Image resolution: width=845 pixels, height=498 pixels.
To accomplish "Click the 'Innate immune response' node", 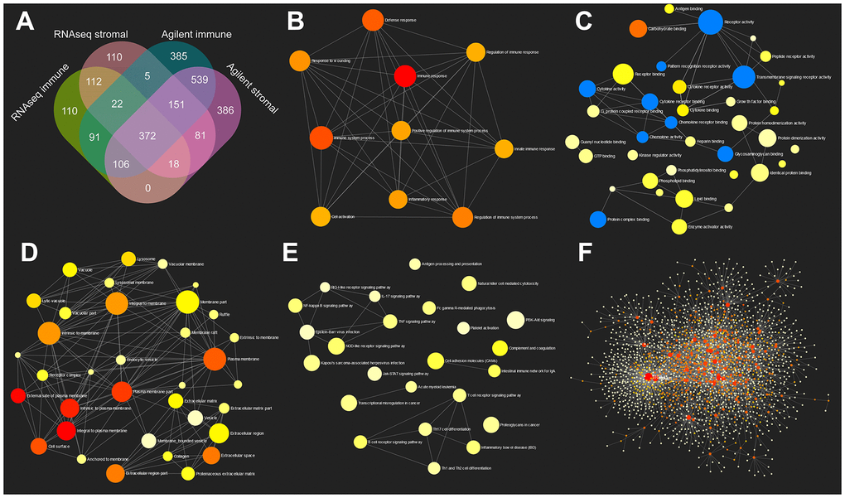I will [x=504, y=149].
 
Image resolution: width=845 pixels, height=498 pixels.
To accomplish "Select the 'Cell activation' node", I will [x=321, y=216].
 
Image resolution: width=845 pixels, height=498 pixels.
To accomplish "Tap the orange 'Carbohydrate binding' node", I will [x=638, y=29].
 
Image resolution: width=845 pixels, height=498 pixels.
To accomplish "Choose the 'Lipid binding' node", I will [x=683, y=199].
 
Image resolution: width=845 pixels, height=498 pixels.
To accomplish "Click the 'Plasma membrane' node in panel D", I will [x=214, y=358].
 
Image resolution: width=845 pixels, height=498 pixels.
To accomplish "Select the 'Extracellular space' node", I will [x=210, y=456].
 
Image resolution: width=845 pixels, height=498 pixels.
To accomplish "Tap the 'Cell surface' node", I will [x=39, y=447].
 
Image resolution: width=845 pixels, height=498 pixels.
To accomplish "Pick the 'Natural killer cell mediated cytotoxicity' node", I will [x=470, y=283].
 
